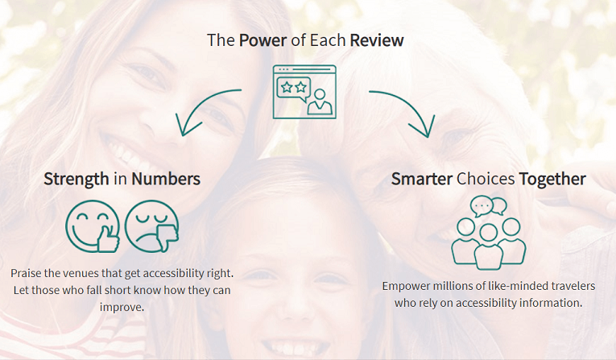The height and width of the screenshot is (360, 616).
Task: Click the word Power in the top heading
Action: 263,40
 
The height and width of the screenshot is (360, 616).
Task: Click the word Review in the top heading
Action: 377,40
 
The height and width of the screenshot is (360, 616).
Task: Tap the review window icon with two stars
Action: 304,92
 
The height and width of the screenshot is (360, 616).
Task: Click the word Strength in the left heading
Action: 76,180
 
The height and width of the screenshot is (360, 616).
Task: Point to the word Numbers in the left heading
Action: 166,179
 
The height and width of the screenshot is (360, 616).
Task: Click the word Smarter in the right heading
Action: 421,179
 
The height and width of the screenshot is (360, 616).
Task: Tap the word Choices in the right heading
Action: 486,179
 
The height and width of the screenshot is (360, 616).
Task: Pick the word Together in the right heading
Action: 552,180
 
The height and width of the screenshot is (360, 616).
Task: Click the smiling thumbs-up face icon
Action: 93,226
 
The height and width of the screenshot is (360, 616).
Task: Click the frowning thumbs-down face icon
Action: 152,226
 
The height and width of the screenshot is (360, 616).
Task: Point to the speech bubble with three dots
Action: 482,206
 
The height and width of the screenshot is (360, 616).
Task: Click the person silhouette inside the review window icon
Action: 320,101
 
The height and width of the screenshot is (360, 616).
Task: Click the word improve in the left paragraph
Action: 122,308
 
